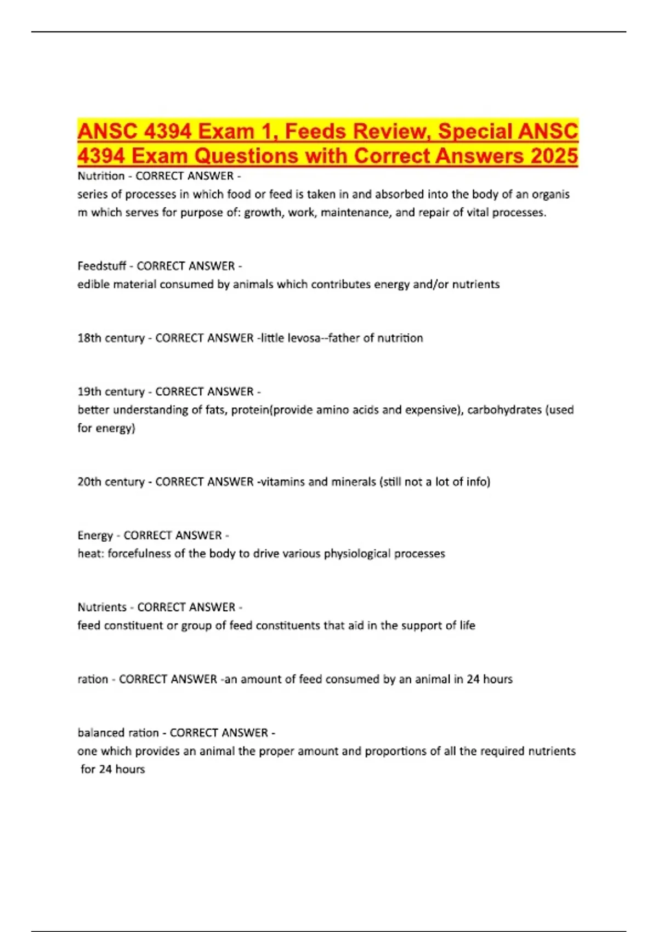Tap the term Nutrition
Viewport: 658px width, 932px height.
(101, 176)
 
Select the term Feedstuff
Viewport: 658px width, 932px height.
(101, 266)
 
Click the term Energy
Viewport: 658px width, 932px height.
(95, 535)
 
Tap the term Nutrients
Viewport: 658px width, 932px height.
(102, 607)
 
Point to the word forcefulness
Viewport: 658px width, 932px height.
(139, 553)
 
